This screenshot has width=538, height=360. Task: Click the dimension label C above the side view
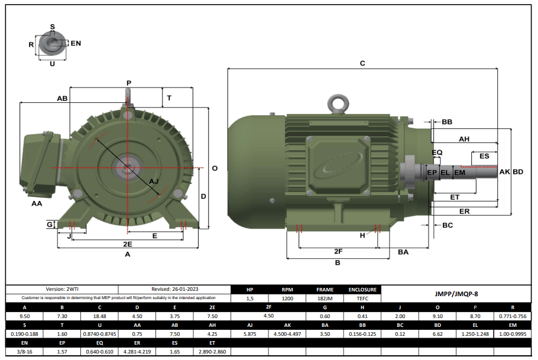coord(362,63)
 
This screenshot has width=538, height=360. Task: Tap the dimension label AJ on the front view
coord(154,181)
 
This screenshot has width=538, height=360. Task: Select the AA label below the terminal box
coord(37,203)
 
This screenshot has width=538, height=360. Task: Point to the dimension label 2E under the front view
coord(127,244)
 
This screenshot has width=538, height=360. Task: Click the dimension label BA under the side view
coord(403,252)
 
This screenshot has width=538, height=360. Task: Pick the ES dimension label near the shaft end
coord(484,157)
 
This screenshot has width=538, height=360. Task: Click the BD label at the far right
coord(517,172)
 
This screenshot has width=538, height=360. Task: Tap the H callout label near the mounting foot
coord(363,235)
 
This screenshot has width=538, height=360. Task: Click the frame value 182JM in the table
coord(325,299)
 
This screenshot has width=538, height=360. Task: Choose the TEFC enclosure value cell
coord(362,299)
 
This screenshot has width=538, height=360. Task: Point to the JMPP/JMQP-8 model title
coord(456,293)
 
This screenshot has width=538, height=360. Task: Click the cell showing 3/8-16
coord(24,352)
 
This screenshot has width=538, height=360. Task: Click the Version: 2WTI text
coord(63,290)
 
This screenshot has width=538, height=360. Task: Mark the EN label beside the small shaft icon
coord(76,44)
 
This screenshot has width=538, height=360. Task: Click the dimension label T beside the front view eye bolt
coord(169,98)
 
